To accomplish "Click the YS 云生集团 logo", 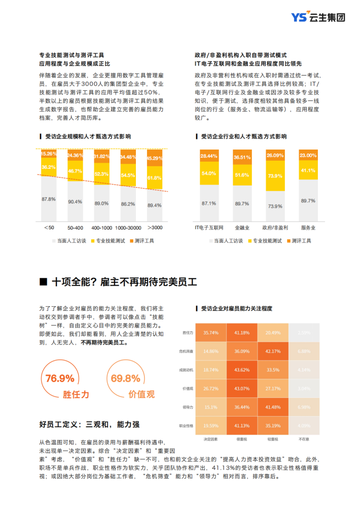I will pos(318,17).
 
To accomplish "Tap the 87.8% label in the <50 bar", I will pos(49,199).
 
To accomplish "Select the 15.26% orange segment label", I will pos(49,153).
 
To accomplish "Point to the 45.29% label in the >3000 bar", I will pos(154,158).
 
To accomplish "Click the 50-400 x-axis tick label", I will pos(75,228).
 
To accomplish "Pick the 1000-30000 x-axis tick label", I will pos(128,228).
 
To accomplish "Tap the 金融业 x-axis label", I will pos(242,228).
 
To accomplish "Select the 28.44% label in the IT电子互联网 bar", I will pos(209,156).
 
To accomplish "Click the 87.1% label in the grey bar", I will pos(209,203).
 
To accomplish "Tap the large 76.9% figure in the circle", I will pos(60,378).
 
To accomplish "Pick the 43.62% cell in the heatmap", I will pos(242,370).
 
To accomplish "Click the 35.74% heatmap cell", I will pos(211,333).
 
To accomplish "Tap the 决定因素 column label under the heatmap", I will pos(210,439).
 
